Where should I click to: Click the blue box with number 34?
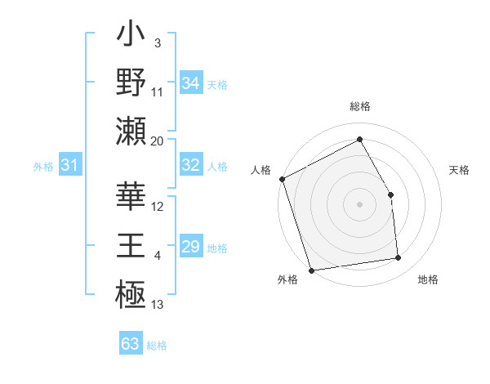[190, 83]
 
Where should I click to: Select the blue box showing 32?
[190, 165]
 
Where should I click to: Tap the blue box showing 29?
[190, 247]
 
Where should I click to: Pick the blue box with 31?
[69, 165]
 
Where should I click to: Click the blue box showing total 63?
[130, 343]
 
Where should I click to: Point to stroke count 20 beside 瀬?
[158, 141]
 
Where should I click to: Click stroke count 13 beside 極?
[158, 305]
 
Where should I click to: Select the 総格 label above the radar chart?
[360, 106]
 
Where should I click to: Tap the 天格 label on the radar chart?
[460, 170]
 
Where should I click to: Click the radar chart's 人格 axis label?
[261, 170]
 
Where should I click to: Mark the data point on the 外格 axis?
[311, 270]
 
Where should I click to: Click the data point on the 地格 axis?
[399, 258]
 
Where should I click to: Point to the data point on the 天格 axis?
[390, 194]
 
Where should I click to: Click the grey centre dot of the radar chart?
[360, 204]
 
